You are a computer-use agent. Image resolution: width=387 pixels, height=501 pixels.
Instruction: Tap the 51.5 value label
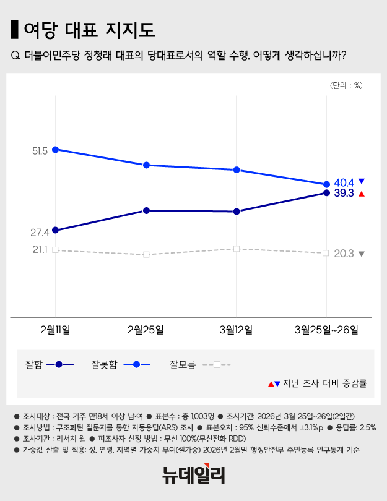point(40,151)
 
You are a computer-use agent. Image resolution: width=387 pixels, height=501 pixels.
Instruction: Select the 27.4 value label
point(40,233)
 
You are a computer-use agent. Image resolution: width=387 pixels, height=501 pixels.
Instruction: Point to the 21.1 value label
point(40,249)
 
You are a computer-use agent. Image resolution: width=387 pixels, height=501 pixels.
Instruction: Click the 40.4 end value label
point(344,182)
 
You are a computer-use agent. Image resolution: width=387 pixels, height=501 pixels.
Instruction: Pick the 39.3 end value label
point(344,193)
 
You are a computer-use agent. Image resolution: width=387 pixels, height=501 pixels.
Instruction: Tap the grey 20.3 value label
point(344,254)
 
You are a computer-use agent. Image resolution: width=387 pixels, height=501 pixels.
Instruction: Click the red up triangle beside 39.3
point(362,194)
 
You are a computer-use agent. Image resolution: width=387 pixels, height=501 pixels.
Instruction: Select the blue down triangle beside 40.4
point(362,181)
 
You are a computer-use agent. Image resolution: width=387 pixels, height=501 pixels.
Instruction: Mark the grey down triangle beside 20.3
point(362,254)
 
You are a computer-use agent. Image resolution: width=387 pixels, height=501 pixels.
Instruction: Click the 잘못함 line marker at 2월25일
point(146,165)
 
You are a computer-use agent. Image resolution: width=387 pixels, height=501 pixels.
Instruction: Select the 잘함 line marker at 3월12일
point(237,212)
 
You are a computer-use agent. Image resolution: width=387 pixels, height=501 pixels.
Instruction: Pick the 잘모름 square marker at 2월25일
point(146,255)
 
